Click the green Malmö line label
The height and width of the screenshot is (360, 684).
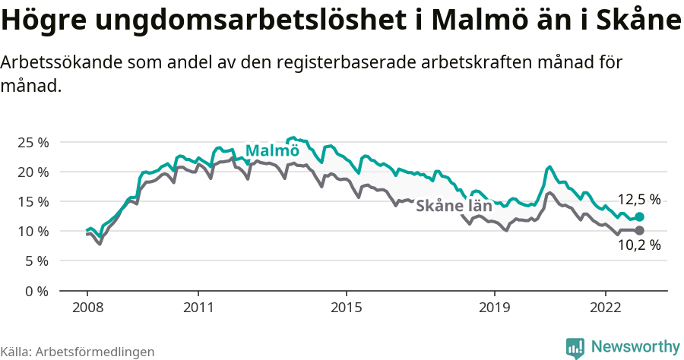(x=272, y=150)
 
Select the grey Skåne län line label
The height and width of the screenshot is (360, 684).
(x=454, y=205)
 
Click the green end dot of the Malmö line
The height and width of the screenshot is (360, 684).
(x=640, y=216)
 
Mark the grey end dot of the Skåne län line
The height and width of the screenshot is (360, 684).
(x=640, y=230)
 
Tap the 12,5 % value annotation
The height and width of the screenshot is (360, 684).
(x=638, y=200)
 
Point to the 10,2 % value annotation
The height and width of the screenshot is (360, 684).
(x=638, y=245)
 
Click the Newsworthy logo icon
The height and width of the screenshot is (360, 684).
(x=575, y=347)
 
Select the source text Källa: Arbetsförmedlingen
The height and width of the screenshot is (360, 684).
(x=78, y=352)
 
